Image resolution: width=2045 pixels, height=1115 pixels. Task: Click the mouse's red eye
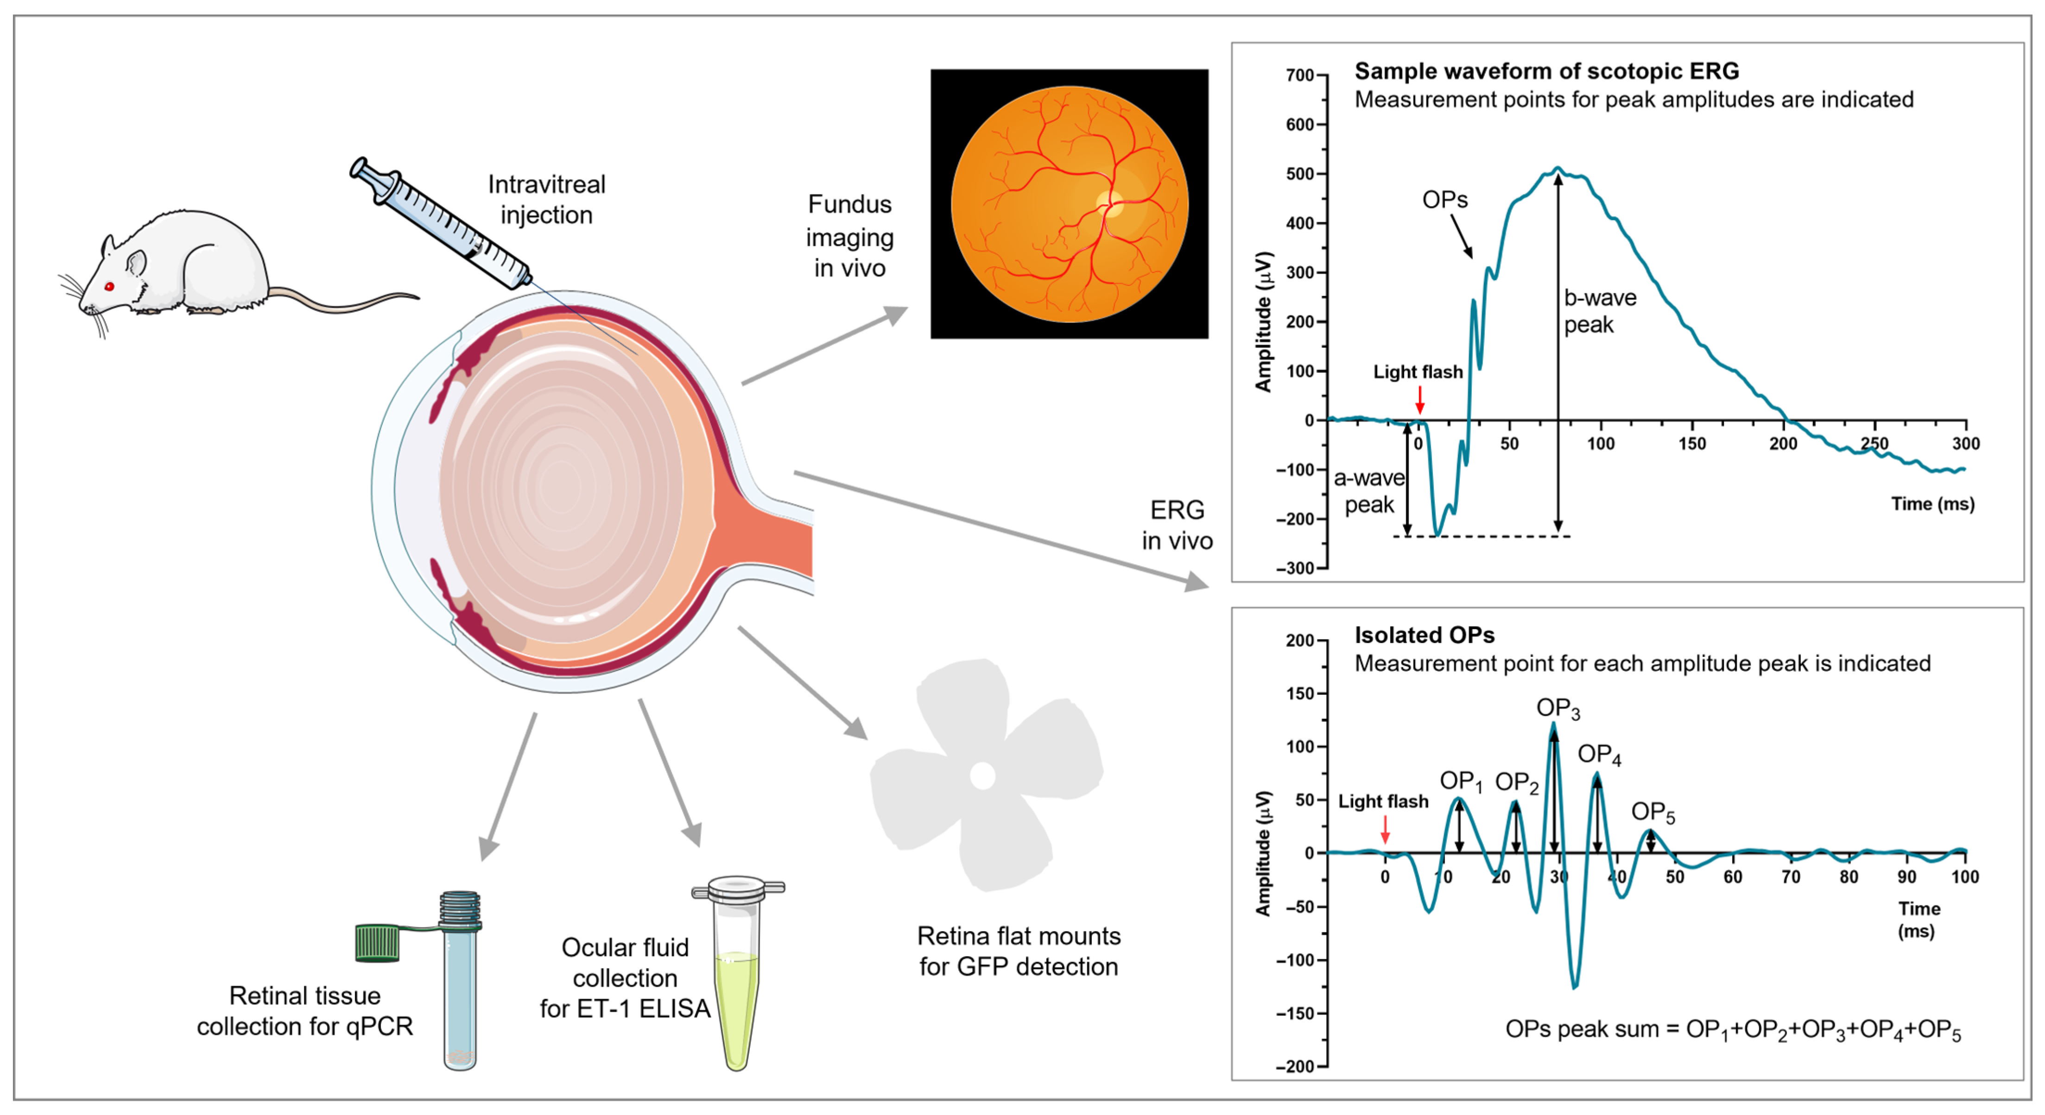[109, 286]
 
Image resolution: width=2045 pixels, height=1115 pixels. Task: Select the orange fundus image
[1070, 204]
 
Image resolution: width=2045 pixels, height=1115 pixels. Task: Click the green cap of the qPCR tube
[378, 943]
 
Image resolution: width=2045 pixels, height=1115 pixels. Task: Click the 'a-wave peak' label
[1368, 491]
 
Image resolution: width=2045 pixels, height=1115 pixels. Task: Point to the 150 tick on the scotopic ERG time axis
[1692, 444]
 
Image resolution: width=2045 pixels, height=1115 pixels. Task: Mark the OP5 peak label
[1653, 812]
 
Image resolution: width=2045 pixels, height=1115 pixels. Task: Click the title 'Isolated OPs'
[1424, 635]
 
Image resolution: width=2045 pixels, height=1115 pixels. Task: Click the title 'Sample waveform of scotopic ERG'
[1546, 71]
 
